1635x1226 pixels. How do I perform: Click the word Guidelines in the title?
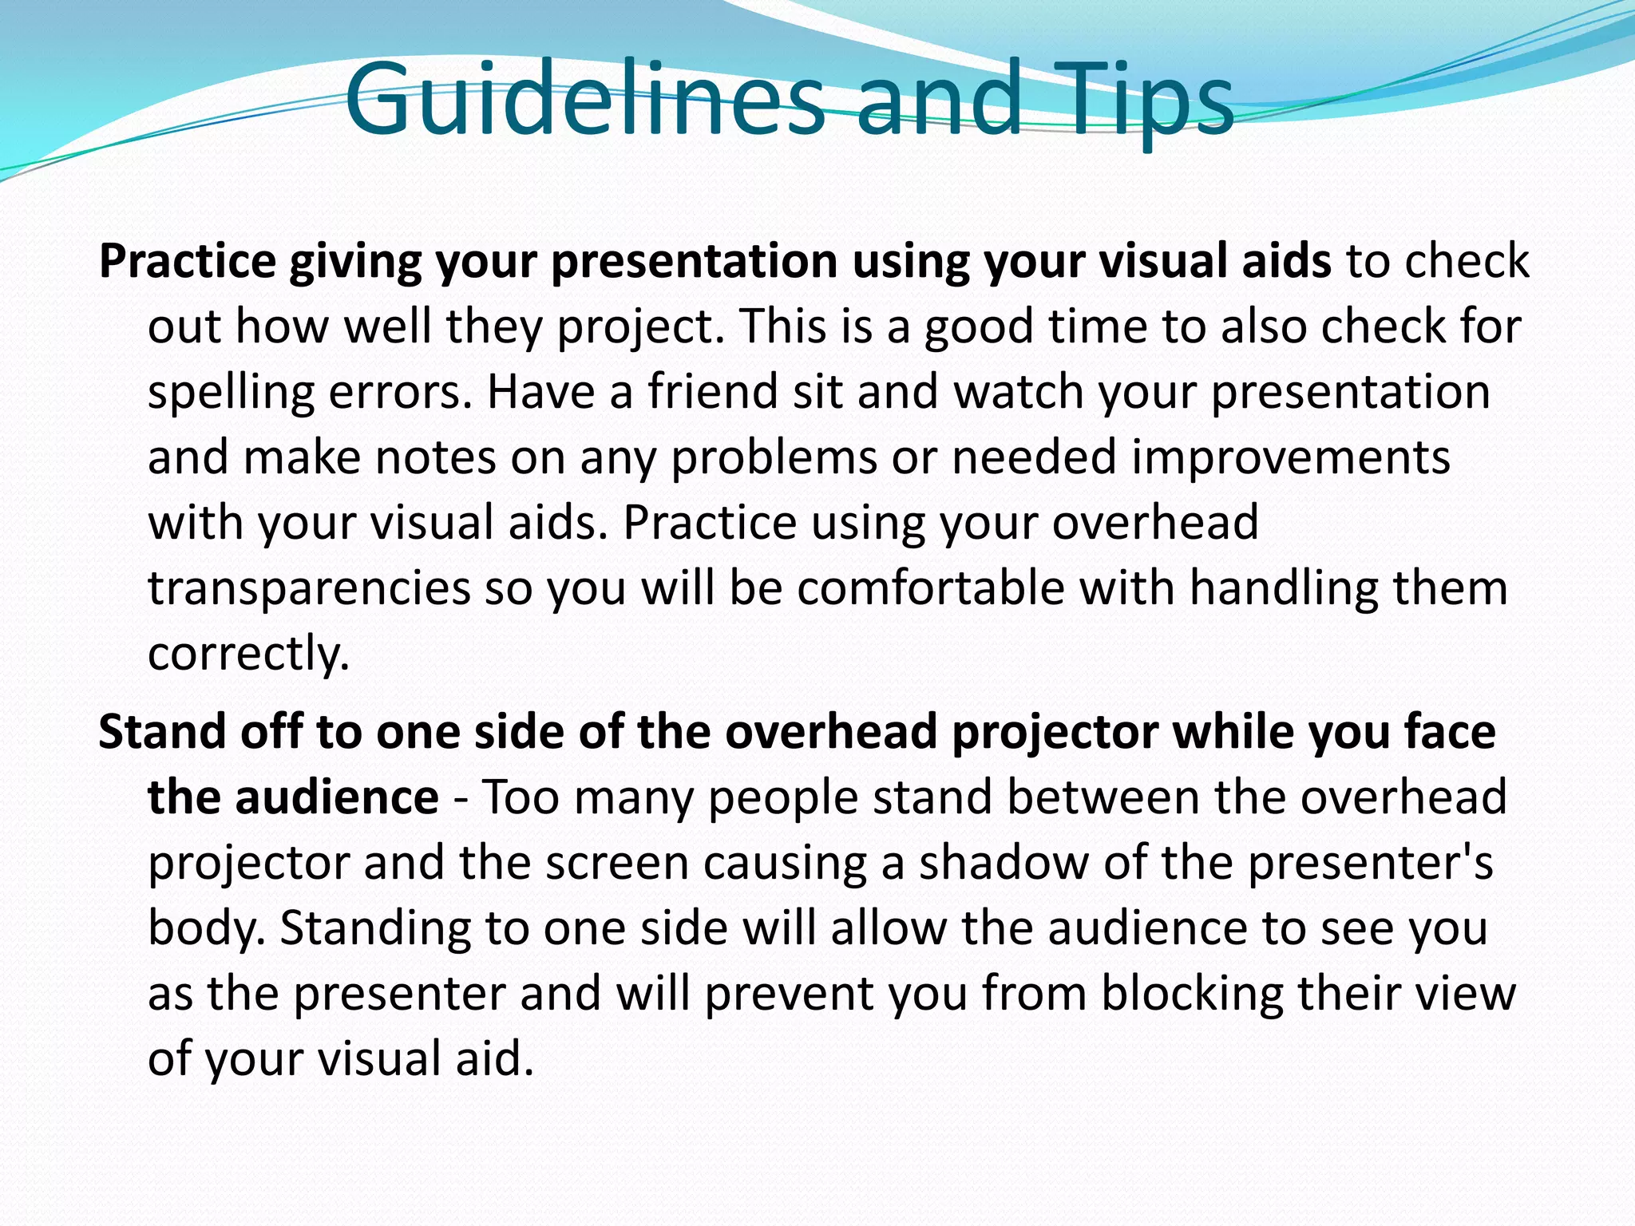coord(585,100)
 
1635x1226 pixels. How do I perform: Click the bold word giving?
coord(354,263)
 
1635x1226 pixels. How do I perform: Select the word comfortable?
coord(931,588)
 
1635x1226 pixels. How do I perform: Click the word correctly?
coord(248,655)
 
